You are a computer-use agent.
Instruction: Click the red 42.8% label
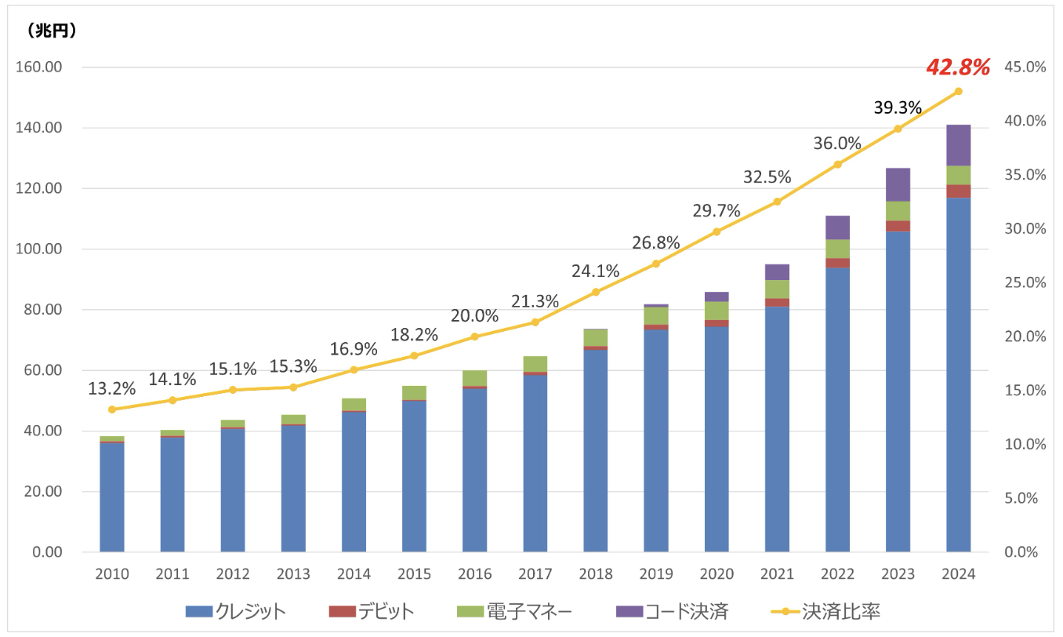coord(958,67)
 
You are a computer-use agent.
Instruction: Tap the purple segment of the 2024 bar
coord(958,145)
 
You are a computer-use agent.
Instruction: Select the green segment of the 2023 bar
coord(898,211)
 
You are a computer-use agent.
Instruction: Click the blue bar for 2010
coord(112,497)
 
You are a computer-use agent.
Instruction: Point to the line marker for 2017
coord(535,322)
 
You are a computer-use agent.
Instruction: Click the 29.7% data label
coord(716,210)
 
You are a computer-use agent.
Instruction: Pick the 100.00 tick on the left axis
coord(39,249)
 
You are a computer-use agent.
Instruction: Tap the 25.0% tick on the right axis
coord(1025,282)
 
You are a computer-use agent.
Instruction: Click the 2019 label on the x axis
coord(656,573)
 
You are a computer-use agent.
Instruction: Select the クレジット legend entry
coord(236,611)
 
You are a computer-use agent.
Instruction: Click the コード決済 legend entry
coord(672,611)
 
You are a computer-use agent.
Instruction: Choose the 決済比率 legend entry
coord(825,611)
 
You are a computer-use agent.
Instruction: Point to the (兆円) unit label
coord(52,31)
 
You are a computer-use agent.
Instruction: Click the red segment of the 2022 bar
coord(837,263)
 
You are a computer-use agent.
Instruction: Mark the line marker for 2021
coord(777,202)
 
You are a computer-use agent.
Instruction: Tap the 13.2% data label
coord(111,388)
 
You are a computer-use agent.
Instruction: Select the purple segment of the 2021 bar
coord(777,272)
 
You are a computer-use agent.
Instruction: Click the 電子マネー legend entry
coord(514,611)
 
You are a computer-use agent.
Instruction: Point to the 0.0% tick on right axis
coord(1021,552)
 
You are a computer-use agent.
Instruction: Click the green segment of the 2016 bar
coord(474,379)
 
